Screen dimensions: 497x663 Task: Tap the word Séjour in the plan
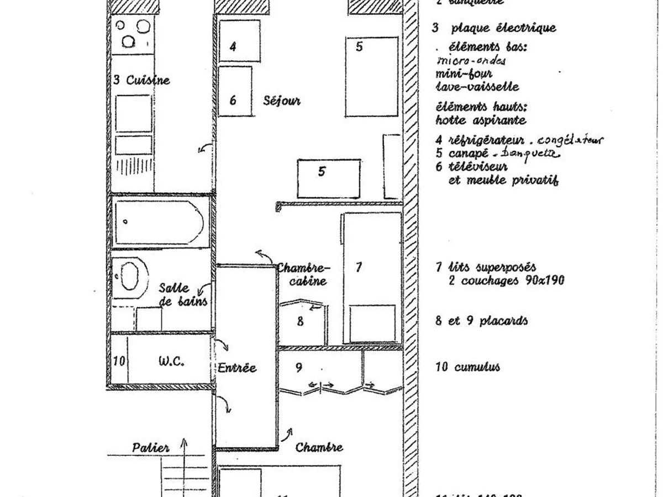coord(282,101)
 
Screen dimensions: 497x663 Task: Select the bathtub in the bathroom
coord(159,223)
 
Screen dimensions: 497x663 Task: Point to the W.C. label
coord(171,362)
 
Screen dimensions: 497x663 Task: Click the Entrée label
coord(237,368)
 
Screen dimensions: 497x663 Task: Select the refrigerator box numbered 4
coord(239,41)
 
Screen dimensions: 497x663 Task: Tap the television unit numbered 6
coord(235,91)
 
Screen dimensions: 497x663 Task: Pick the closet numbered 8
coord(302,323)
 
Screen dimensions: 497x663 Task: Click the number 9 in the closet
coord(299,367)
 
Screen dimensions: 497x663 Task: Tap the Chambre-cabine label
coord(303,274)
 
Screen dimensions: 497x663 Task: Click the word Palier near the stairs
coord(150,447)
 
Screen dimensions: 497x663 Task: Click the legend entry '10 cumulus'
coord(467,367)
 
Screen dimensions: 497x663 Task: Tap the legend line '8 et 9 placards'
coord(481,321)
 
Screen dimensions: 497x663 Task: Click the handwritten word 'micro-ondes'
coord(471,60)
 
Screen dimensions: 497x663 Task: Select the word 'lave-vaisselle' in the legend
coord(477,87)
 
